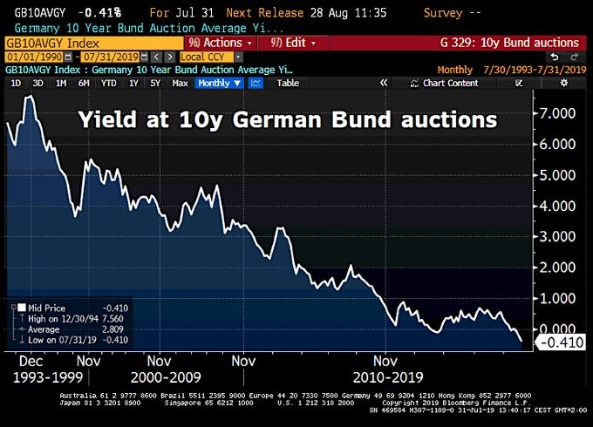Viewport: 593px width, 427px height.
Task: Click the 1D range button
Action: [x=16, y=83]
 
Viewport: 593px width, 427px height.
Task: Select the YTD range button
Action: [x=108, y=83]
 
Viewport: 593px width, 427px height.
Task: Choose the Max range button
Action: [x=180, y=83]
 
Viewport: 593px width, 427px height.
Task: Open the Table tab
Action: [x=288, y=83]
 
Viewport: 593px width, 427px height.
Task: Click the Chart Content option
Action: [x=450, y=83]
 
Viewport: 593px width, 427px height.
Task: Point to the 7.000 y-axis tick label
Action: [x=556, y=114]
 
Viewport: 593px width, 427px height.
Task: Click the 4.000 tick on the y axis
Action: [x=556, y=207]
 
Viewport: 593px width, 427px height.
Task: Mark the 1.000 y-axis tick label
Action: [x=556, y=298]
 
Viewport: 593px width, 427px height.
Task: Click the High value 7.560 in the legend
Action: [x=114, y=319]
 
